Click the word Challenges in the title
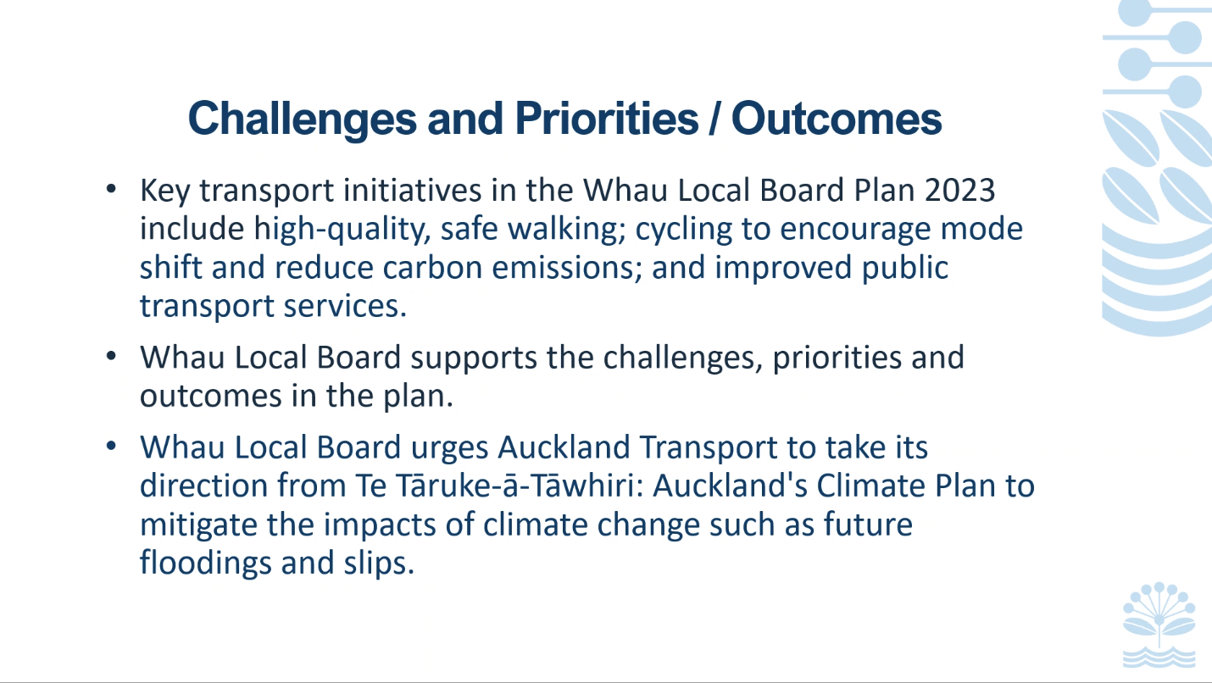pos(303,119)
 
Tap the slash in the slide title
pos(714,118)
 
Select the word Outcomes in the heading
pos(837,118)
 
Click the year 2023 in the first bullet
pos(959,190)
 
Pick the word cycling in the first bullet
pos(683,230)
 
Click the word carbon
pos(432,267)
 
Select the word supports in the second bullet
pos(474,358)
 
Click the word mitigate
pos(198,525)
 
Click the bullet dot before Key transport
pos(112,189)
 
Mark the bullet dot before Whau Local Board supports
pos(112,356)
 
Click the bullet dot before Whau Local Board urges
pos(112,446)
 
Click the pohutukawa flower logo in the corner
pos(1159,625)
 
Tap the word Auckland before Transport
pos(564,447)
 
